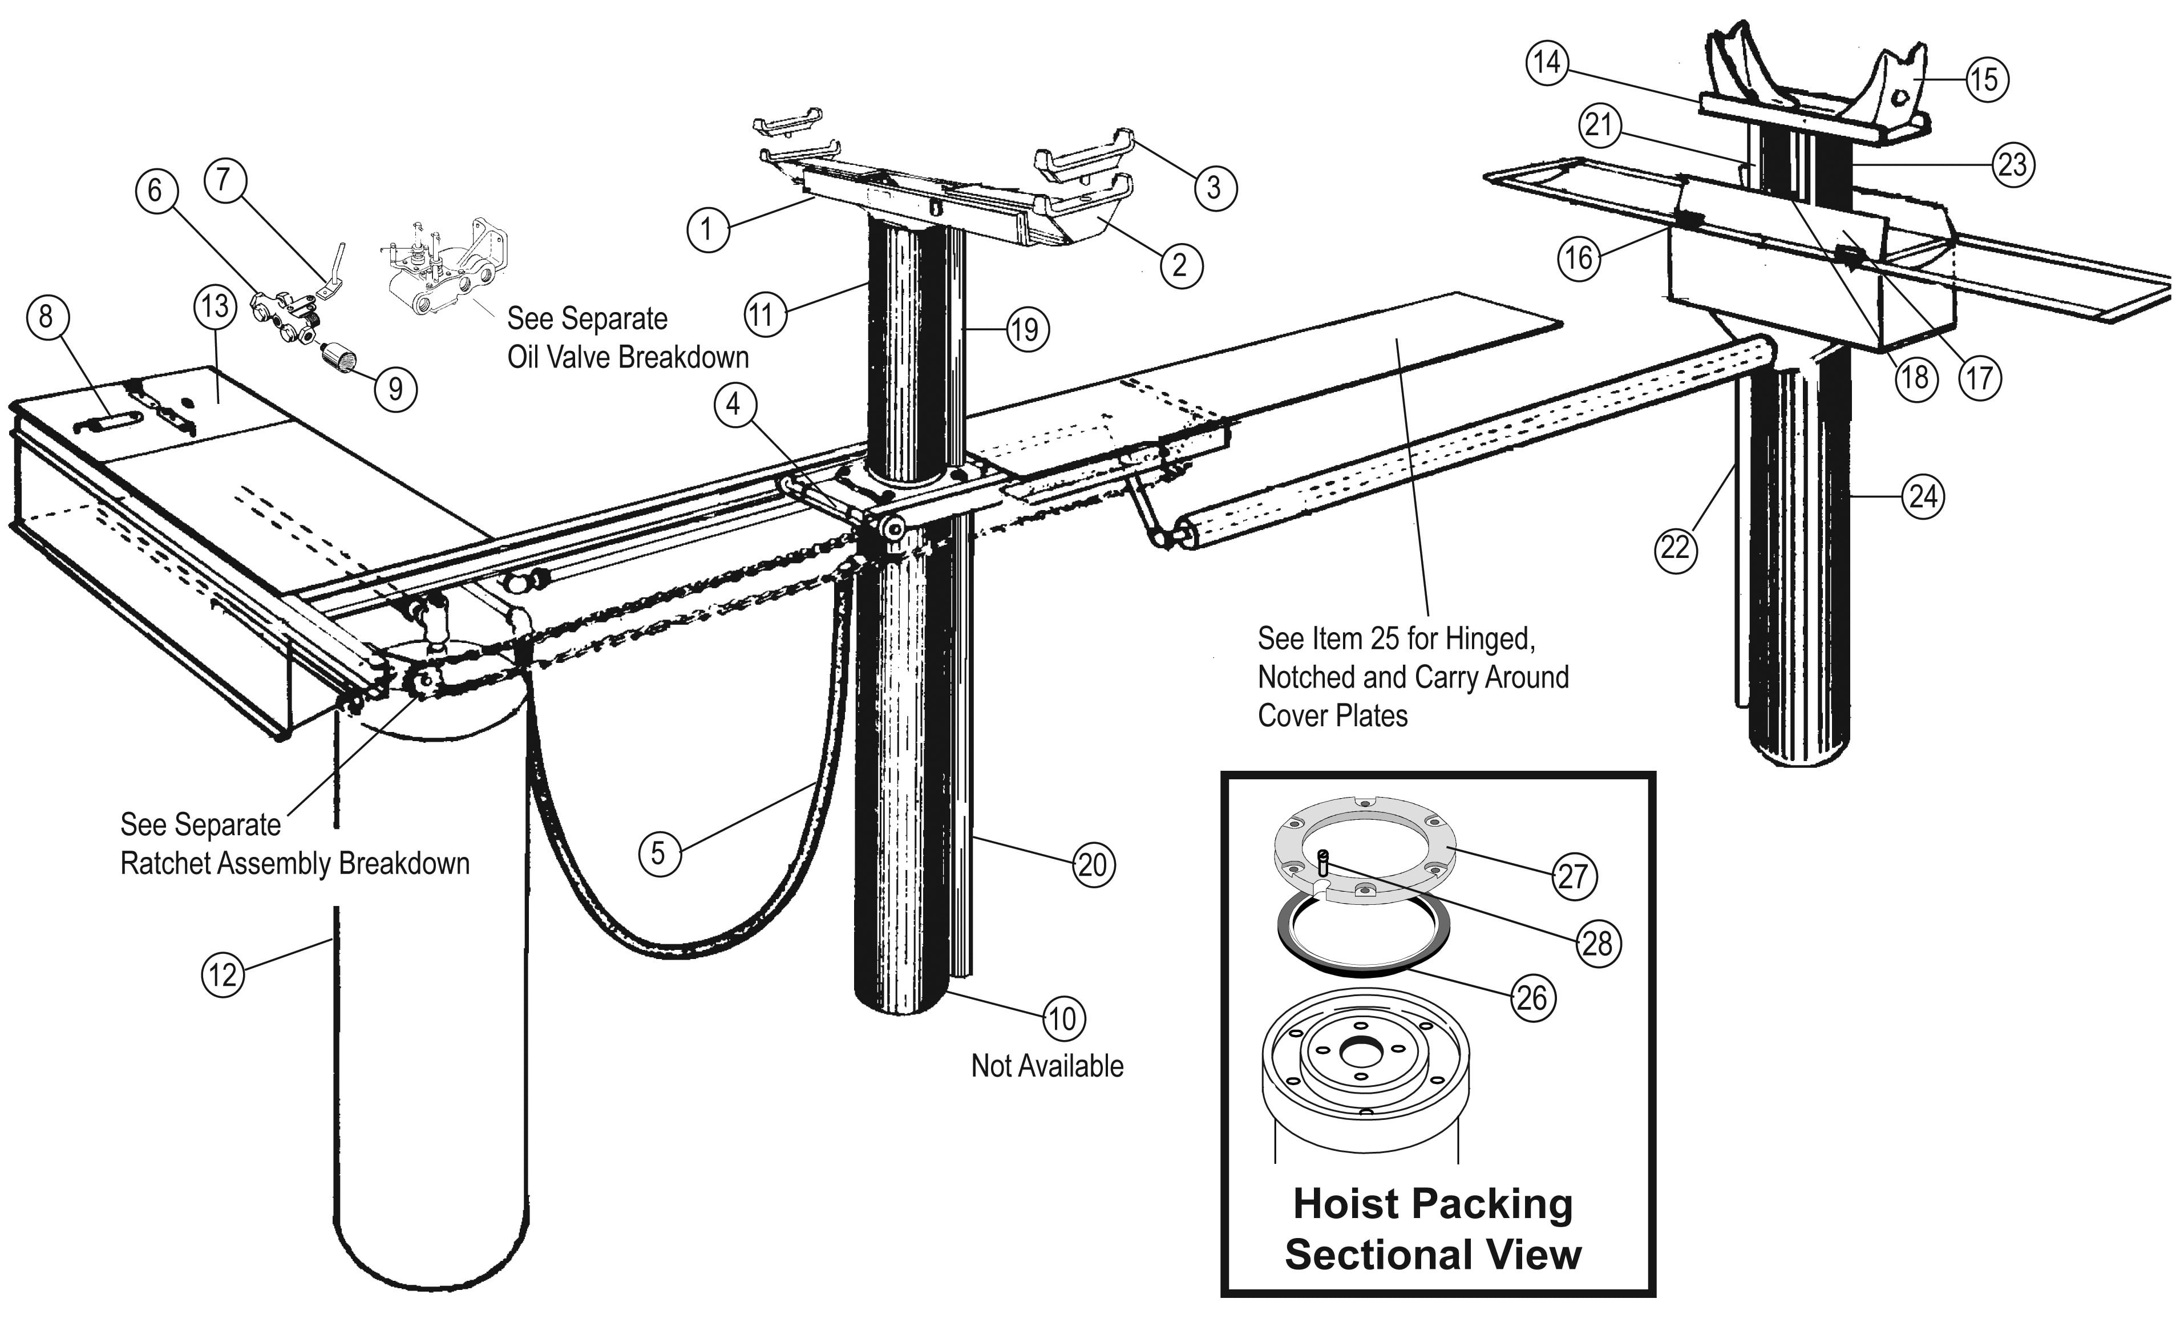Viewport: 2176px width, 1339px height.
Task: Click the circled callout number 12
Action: [223, 975]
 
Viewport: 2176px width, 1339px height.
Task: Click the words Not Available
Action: [1047, 1066]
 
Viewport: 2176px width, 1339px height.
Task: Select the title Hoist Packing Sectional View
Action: [1433, 1229]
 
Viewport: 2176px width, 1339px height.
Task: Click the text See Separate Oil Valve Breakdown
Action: [627, 337]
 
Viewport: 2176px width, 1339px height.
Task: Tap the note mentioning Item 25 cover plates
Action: [1413, 677]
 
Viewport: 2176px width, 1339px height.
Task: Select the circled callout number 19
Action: [1026, 330]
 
